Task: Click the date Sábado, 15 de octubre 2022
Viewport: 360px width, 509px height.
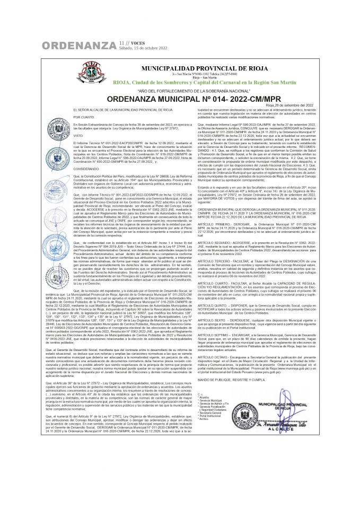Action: point(143,48)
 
